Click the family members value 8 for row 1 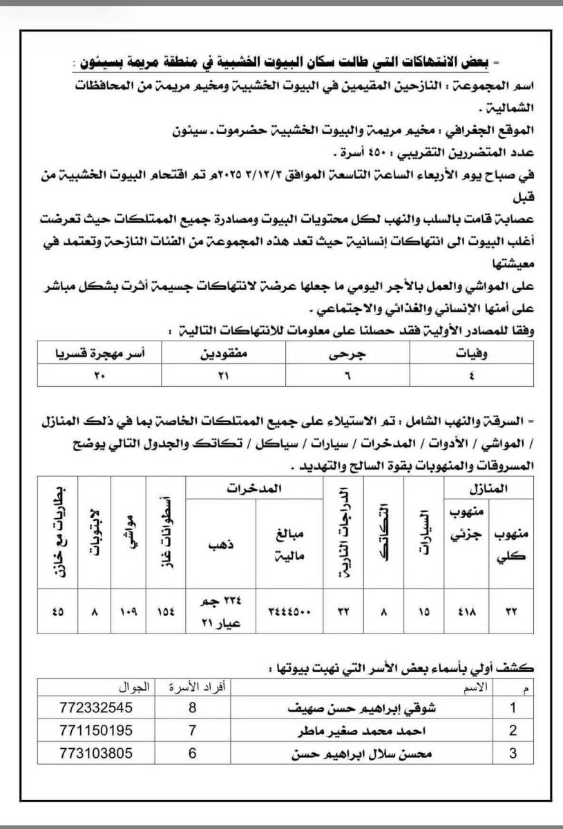[x=193, y=708]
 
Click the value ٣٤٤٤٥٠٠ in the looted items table [x=288, y=611]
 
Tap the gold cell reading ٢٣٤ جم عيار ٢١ [x=220, y=611]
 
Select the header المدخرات [x=254, y=488]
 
